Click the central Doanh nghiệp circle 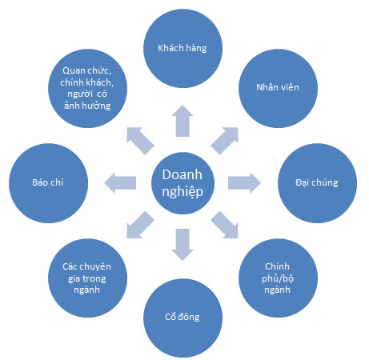pyautogui.click(x=182, y=183)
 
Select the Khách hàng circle pyautogui.click(x=182, y=48)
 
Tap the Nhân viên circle pyautogui.click(x=278, y=88)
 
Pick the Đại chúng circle pyautogui.click(x=317, y=183)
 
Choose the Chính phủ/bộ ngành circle pyautogui.click(x=278, y=278)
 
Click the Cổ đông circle pyautogui.click(x=182, y=318)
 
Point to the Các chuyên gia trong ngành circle pyautogui.click(x=87, y=278)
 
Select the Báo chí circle pyautogui.click(x=48, y=183)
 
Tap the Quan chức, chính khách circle pyautogui.click(x=87, y=88)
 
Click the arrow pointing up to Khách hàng pyautogui.click(x=182, y=121)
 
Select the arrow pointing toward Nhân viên pyautogui.click(x=224, y=141)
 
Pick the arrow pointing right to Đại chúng pyautogui.click(x=244, y=183)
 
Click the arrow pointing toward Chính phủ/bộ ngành pyautogui.click(x=224, y=225)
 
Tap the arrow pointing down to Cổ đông pyautogui.click(x=182, y=245)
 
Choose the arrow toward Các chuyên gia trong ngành pyautogui.click(x=140, y=225)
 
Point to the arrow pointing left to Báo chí pyautogui.click(x=120, y=183)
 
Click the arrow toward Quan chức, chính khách pyautogui.click(x=140, y=141)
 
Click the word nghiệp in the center pyautogui.click(x=182, y=192)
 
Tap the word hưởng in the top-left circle pyautogui.click(x=96, y=106)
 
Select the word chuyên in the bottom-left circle pyautogui.click(x=95, y=267)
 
